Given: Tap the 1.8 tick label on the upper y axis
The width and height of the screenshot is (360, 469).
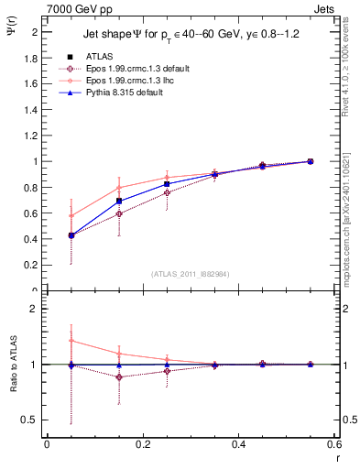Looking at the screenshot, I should coord(30,57).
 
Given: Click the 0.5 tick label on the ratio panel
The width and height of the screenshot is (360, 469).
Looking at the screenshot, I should coord(28,420).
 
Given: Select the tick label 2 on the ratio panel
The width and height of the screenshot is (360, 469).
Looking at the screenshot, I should coord(33,309).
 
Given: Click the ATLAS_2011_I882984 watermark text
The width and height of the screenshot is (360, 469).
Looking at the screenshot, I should coord(190,273).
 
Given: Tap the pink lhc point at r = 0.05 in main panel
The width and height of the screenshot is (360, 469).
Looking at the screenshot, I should coord(71,216).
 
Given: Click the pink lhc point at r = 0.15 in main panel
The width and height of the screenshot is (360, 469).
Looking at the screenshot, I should coord(119,187).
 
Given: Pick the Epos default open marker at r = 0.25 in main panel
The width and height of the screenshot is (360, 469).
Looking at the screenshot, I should coord(167,192).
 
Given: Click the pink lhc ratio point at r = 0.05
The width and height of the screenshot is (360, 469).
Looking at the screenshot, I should coord(71,340).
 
